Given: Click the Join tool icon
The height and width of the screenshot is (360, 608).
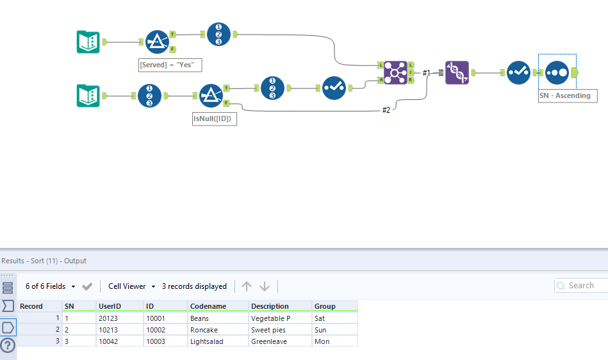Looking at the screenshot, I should (395, 73).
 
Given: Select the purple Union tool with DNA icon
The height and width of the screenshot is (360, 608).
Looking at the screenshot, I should (457, 73).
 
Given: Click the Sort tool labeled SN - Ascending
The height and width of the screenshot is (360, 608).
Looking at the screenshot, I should (557, 73).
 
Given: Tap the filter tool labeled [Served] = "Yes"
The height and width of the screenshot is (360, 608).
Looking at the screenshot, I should (157, 42).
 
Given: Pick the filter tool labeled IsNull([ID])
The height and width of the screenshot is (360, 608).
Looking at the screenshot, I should (211, 96).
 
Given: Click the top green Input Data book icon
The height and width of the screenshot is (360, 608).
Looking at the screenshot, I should (88, 42).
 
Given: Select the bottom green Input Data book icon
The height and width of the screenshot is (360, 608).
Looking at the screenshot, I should (88, 96).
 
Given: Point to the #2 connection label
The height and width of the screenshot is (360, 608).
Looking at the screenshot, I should (386, 110).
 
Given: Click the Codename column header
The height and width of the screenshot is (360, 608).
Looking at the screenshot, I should (208, 306).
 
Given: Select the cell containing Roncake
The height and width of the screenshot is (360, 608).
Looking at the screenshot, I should (205, 330).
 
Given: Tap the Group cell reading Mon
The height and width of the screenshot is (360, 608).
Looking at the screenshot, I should (322, 341).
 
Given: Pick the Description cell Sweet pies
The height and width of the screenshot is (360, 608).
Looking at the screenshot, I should (268, 330).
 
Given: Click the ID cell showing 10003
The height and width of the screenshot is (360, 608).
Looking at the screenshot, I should (156, 341).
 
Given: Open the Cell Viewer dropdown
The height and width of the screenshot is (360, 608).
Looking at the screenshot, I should (132, 286).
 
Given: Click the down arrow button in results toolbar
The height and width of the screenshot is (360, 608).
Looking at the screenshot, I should (265, 286).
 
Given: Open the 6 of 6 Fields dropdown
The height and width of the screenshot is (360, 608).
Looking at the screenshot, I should (51, 286).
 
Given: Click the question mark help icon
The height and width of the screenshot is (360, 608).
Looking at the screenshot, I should (8, 345).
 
